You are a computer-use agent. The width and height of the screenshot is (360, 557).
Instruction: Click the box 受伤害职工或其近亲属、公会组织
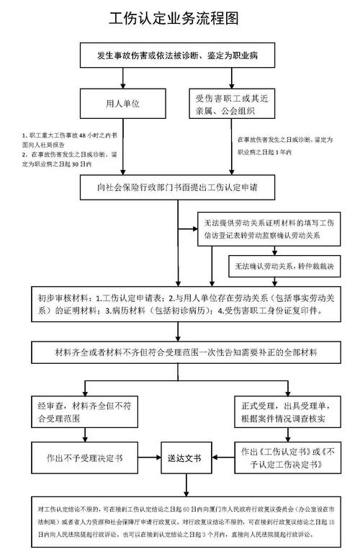[230, 104]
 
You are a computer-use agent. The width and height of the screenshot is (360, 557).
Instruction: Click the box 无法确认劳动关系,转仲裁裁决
[278, 266]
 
